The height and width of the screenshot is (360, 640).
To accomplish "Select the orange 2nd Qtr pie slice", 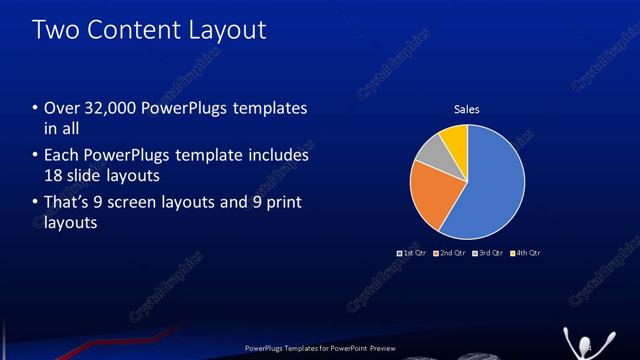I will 432,195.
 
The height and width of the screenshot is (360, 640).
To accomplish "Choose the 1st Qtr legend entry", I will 412,253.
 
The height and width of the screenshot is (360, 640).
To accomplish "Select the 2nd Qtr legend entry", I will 450,253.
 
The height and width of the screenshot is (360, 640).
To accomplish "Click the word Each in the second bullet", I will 60,156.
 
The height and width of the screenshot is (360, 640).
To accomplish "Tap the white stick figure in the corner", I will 579,341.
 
